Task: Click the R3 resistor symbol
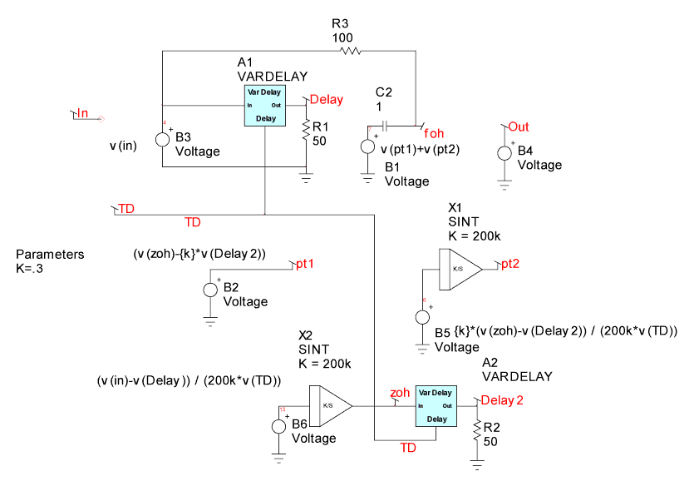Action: click(x=351, y=52)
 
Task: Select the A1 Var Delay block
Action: click(x=266, y=106)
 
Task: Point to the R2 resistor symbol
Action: click(x=477, y=430)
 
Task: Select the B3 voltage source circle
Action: click(x=163, y=139)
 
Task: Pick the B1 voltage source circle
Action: click(x=367, y=148)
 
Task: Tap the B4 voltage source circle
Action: click(x=505, y=153)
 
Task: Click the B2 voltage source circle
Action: click(x=210, y=290)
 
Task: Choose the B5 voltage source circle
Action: click(x=422, y=317)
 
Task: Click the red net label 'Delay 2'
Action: click(x=502, y=400)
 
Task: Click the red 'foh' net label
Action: click(x=434, y=133)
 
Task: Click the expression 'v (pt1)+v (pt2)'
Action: click(x=420, y=149)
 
